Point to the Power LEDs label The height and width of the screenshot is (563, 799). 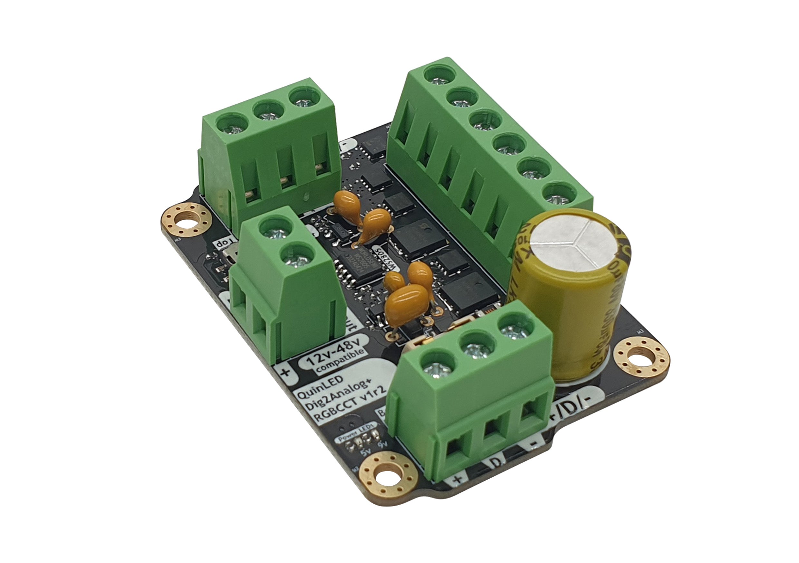(357, 432)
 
